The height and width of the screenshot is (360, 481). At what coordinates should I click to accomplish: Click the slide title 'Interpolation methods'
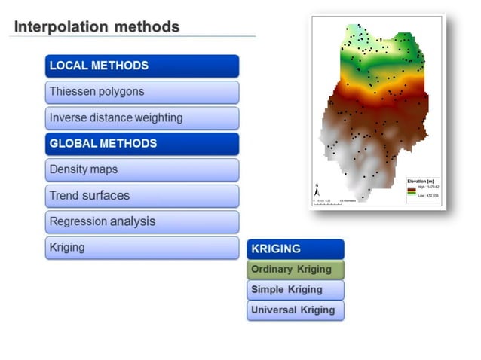click(97, 27)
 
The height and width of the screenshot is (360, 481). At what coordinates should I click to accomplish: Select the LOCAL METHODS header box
click(142, 66)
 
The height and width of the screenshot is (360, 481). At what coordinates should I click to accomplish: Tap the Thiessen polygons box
click(142, 92)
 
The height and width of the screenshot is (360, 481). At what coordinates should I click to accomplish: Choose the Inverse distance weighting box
click(142, 117)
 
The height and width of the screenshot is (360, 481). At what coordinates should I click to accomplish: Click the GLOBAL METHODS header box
click(142, 143)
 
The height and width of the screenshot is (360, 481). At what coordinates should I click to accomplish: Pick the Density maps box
click(142, 169)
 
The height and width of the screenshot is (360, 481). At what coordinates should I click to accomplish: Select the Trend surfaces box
click(142, 196)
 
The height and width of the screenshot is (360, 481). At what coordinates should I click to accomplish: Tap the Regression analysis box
click(142, 221)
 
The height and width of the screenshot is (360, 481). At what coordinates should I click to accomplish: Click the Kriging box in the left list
click(142, 247)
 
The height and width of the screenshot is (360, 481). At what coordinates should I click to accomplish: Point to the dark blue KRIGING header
click(295, 249)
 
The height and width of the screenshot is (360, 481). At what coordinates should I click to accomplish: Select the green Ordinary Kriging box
click(295, 269)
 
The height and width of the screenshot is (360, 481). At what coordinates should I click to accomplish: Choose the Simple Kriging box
click(295, 289)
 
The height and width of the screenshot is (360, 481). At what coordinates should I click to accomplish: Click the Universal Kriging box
click(295, 310)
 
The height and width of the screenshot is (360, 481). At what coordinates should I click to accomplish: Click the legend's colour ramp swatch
click(412, 191)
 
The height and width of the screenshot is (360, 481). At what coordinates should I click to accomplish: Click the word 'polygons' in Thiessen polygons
click(121, 92)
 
